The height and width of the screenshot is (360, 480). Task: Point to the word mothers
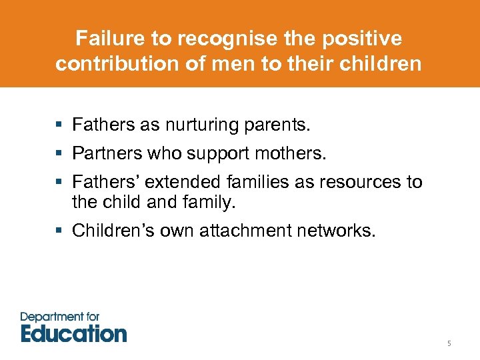point(291,153)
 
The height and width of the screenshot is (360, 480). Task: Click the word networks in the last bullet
point(339,231)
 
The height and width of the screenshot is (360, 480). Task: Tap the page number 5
point(449,343)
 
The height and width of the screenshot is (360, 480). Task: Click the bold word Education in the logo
point(73,333)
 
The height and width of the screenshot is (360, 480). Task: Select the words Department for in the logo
point(60,316)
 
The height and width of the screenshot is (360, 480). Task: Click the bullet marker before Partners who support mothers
point(60,154)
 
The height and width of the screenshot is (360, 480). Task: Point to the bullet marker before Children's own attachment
point(60,231)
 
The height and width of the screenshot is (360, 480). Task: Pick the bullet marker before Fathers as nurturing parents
point(60,125)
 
